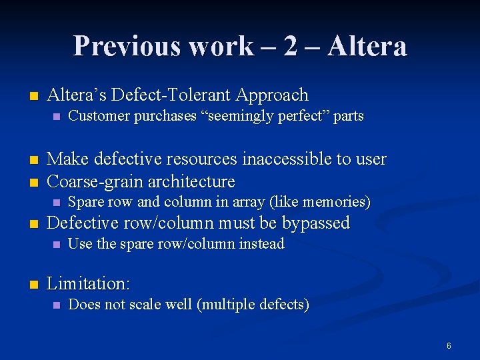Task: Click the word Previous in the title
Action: pyautogui.click(x=127, y=46)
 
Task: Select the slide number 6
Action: pyautogui.click(x=449, y=345)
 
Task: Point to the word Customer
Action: pyautogui.click(x=99, y=116)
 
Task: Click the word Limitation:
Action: pyautogui.click(x=89, y=283)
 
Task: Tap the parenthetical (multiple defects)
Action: pyautogui.click(x=255, y=305)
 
